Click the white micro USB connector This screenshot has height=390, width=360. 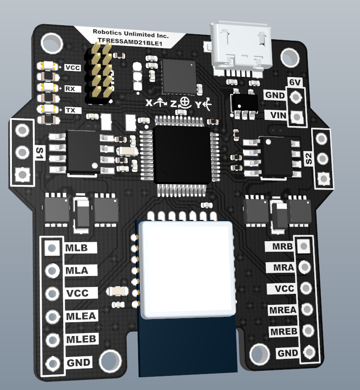(x=241, y=48)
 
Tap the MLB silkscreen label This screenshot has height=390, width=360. (x=76, y=248)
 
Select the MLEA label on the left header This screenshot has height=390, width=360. (x=81, y=316)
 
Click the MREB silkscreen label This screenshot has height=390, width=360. (x=284, y=331)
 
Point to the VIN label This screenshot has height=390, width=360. (x=278, y=115)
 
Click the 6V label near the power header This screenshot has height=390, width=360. (x=295, y=82)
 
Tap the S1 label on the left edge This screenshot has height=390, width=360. (x=40, y=153)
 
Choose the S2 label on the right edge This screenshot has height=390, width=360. (x=308, y=159)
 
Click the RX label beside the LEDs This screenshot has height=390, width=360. (x=70, y=89)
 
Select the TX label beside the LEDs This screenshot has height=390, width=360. (x=70, y=110)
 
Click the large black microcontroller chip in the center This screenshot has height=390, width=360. (x=183, y=154)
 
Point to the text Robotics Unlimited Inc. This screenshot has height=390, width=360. (x=130, y=33)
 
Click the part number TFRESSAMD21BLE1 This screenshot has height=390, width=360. (x=130, y=42)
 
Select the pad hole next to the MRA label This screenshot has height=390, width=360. (x=305, y=266)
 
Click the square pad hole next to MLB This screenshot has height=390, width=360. (x=52, y=248)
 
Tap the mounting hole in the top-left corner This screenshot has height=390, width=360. (x=52, y=43)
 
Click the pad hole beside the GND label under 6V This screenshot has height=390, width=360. (x=296, y=97)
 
